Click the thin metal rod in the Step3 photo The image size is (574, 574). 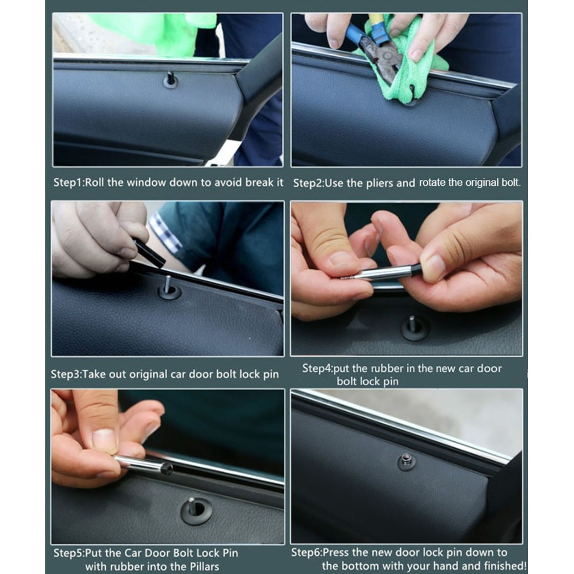click(167, 284)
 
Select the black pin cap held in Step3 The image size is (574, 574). click(149, 252)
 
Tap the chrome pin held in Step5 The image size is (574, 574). click(144, 464)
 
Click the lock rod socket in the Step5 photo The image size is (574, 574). click(196, 511)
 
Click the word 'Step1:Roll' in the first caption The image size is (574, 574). click(79, 182)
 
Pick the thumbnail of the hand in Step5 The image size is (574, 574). click(104, 441)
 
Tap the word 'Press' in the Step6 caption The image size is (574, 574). click(337, 552)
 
